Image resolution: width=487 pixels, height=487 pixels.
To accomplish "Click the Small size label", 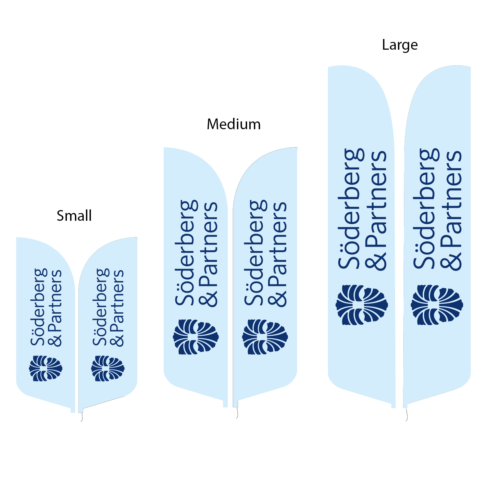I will click(x=74, y=216).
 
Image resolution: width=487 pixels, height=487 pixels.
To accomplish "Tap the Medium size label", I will click(x=233, y=124).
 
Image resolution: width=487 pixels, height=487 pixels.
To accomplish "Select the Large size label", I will click(x=400, y=45).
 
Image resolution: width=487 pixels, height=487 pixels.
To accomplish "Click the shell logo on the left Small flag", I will click(x=45, y=368).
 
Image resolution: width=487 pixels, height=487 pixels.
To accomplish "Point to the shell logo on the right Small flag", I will click(x=108, y=368).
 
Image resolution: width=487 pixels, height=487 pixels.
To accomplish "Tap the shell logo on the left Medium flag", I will click(x=196, y=337).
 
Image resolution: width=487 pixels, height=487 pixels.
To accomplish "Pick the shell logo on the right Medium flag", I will click(x=265, y=337).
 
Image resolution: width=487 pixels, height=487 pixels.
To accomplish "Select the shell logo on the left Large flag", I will click(x=362, y=305).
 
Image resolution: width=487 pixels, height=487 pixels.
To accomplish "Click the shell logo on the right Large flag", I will click(x=437, y=305).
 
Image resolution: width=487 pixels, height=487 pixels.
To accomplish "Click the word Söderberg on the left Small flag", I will click(x=39, y=307).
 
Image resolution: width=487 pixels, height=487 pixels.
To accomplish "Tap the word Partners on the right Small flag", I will click(x=118, y=300).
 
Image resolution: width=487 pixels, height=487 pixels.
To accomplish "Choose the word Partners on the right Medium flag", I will click(x=278, y=243).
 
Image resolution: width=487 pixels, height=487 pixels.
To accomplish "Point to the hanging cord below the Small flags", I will click(x=81, y=417).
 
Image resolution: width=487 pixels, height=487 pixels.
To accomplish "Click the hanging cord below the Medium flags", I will click(x=237, y=413).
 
